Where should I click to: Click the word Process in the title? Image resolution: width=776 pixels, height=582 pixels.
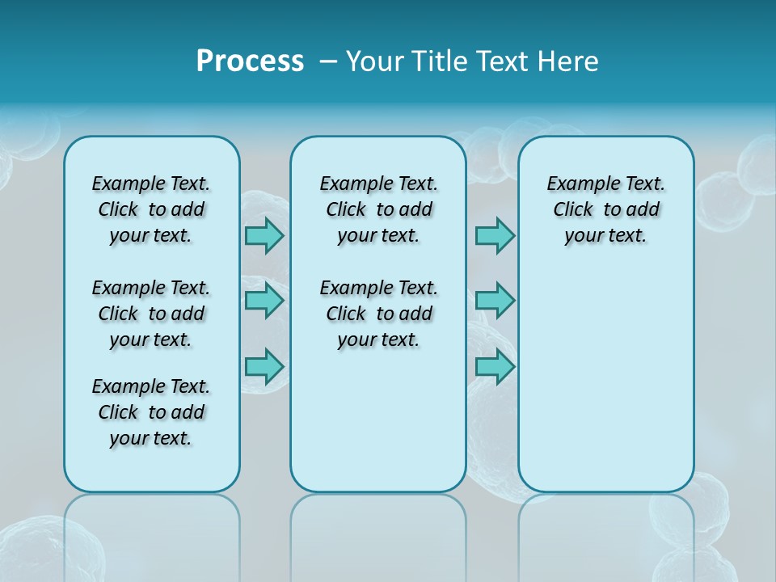250,61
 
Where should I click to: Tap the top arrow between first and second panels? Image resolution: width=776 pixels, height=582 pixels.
264,235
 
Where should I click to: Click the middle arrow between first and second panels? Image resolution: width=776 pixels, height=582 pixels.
264,301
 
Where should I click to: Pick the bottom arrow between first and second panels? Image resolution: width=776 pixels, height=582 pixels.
264,366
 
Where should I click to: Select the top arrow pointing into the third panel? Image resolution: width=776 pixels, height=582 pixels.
495,235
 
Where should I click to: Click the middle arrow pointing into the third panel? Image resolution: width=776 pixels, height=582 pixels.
495,301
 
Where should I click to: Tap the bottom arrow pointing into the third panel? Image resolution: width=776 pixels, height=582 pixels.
495,366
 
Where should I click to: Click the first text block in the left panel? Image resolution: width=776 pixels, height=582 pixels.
151,209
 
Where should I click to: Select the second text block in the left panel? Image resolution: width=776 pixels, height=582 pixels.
151,314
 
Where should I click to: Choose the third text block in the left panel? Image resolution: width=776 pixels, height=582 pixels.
151,412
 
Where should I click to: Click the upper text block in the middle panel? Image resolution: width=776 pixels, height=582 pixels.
378,209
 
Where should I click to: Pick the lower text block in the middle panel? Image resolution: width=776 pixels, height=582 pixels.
378,314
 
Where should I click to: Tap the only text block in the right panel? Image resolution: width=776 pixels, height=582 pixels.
605,209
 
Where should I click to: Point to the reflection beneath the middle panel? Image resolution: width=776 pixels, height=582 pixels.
378,533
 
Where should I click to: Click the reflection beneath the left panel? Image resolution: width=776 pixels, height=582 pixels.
151,533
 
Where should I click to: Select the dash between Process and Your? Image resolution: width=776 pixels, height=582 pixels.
327,61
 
